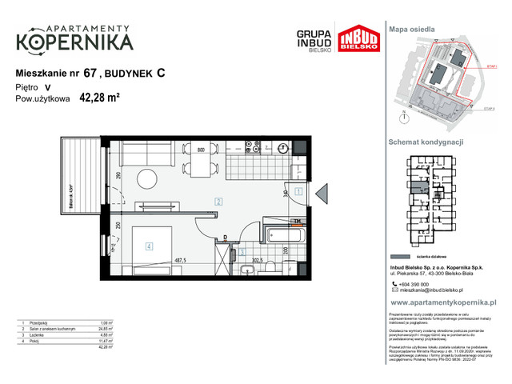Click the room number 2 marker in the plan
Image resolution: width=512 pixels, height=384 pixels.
point(218,201)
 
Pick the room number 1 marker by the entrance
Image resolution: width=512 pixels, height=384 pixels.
point(298,192)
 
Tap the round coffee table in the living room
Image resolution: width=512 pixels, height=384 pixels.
point(146,178)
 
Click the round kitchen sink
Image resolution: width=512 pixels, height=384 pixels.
point(284,149)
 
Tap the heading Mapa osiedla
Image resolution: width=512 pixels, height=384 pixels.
point(411,29)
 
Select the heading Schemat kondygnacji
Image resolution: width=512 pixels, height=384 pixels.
point(426,142)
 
